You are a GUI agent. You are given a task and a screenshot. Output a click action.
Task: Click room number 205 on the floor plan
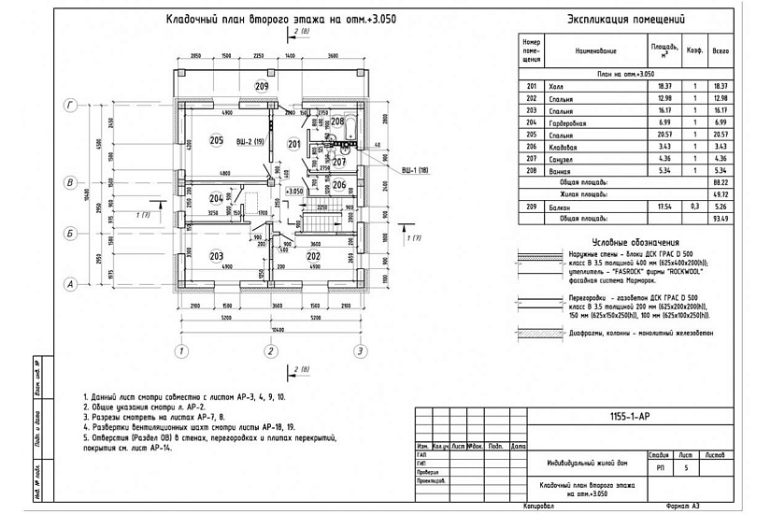(217, 141)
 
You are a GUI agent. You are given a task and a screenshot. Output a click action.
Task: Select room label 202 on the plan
(313, 256)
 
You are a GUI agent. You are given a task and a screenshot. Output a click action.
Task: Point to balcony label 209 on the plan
(262, 87)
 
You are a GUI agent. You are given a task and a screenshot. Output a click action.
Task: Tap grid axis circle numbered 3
(359, 351)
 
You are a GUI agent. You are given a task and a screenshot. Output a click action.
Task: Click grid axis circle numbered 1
(178, 351)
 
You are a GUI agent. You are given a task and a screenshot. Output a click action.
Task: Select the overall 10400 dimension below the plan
(268, 333)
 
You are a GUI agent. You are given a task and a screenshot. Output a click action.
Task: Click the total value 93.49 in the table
(721, 218)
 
